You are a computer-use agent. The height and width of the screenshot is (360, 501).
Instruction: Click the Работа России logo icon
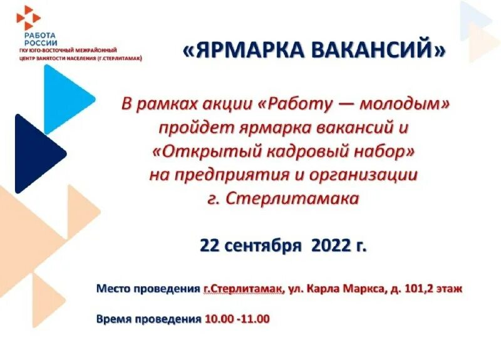tap(28, 17)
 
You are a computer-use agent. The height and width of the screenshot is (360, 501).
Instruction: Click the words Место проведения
tap(148, 289)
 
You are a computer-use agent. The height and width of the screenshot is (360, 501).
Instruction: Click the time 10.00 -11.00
tap(237, 319)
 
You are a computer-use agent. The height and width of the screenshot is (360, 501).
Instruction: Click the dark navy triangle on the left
tap(34, 154)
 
